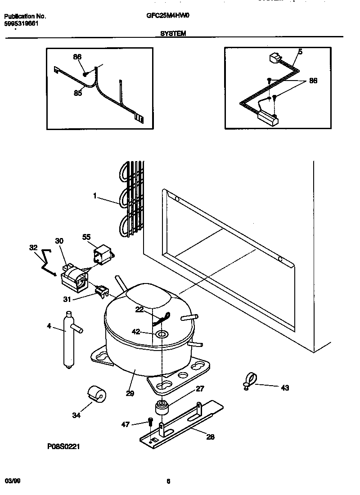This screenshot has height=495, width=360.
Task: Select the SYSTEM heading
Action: pyautogui.click(x=173, y=33)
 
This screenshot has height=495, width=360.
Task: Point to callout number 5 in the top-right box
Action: pyautogui.click(x=300, y=52)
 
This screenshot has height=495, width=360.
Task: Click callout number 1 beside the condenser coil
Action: pyautogui.click(x=95, y=196)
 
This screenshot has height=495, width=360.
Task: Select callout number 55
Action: pyautogui.click(x=86, y=236)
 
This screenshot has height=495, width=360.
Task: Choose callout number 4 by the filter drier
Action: pyautogui.click(x=49, y=325)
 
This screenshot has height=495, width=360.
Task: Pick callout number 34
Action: pyautogui.click(x=76, y=415)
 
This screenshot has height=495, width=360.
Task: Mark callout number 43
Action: pyautogui.click(x=285, y=387)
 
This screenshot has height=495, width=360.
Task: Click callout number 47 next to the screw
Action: pyautogui.click(x=126, y=424)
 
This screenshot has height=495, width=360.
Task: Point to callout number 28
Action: pyautogui.click(x=211, y=436)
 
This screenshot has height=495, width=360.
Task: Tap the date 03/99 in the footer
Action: pyautogui.click(x=13, y=481)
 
